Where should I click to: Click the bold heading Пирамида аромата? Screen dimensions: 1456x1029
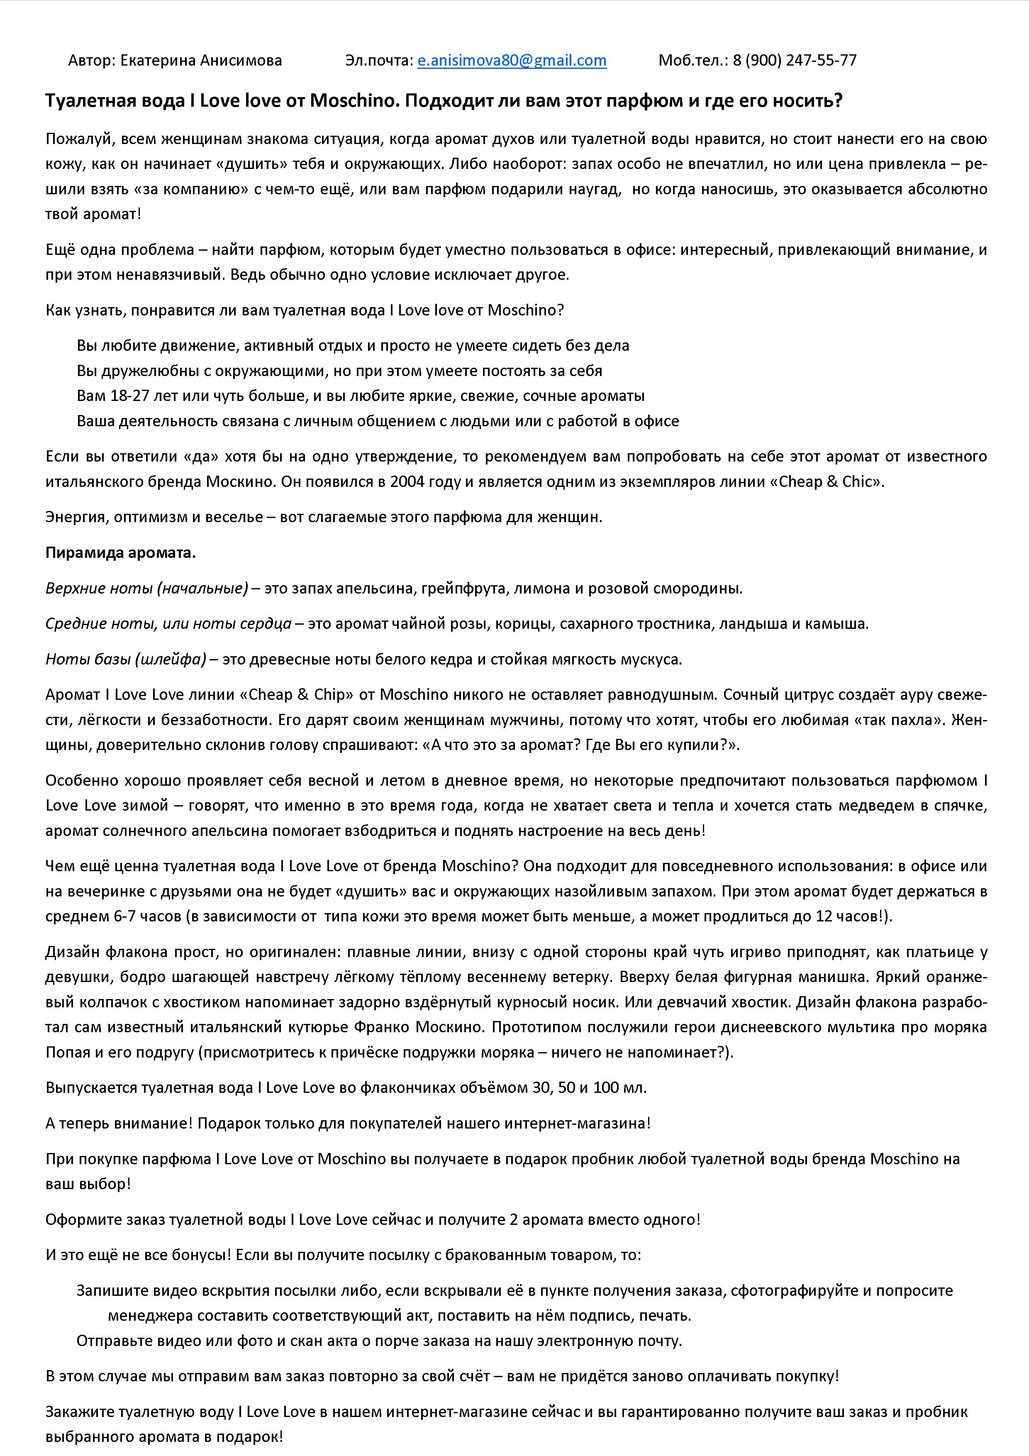pos(120,552)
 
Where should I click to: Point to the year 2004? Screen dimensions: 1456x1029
pos(408,481)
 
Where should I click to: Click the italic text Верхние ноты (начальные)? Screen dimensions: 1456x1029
pos(146,588)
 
